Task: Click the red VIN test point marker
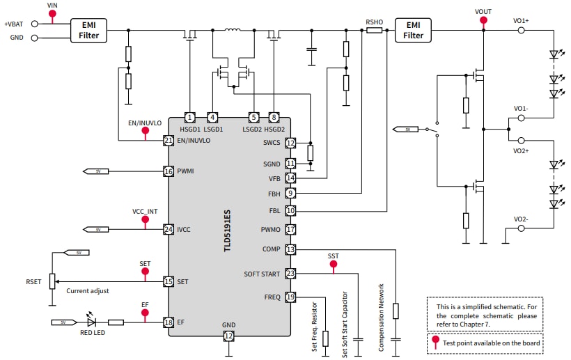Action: [x=52, y=14]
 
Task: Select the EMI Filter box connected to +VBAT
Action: [x=88, y=30]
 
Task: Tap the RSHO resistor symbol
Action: [x=374, y=31]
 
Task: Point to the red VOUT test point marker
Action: [x=483, y=20]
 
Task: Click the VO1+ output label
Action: [x=521, y=20]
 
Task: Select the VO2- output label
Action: [x=521, y=219]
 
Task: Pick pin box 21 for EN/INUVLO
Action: [x=168, y=140]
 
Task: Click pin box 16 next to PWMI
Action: [x=168, y=171]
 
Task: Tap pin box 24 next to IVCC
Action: [x=168, y=229]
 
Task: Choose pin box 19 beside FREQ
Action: [x=290, y=297]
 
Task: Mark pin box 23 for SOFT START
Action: [x=290, y=274]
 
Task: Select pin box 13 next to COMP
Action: [x=290, y=249]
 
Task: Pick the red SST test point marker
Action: [x=334, y=265]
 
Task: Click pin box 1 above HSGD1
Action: [x=189, y=117]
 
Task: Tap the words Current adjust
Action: [x=88, y=291]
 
